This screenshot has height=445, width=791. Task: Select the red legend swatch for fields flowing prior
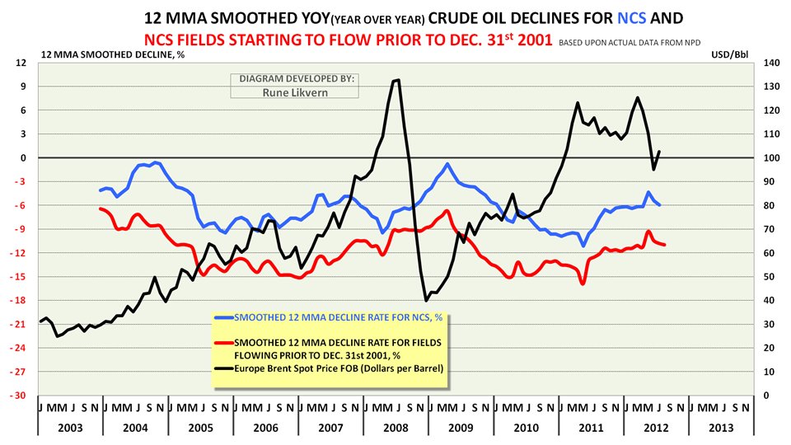pyautogui.click(x=223, y=342)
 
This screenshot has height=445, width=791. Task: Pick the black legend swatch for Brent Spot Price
pyautogui.click(x=223, y=368)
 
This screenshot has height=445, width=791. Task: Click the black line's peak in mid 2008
pyautogui.click(x=399, y=80)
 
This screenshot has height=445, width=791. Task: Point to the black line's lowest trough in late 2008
pyautogui.click(x=426, y=301)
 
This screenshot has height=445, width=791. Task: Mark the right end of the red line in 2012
pyautogui.click(x=664, y=245)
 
